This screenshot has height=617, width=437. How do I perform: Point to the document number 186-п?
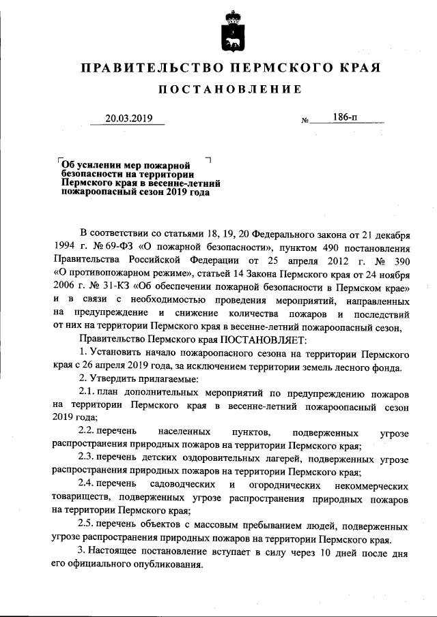coord(345,117)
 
